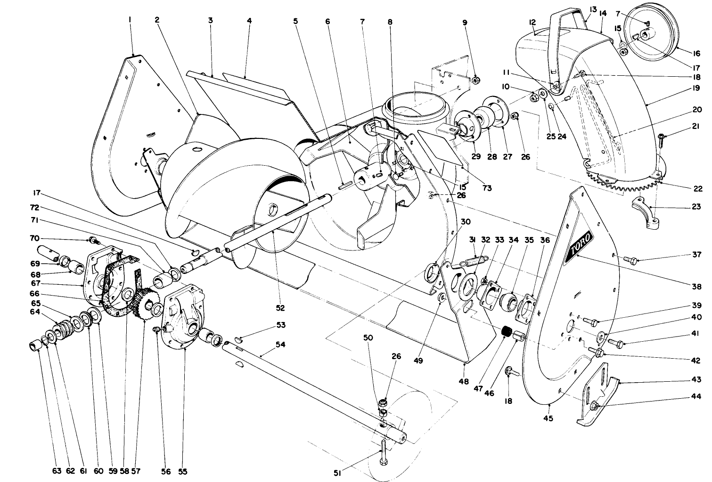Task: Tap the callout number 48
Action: (464, 382)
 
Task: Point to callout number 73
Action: (487, 188)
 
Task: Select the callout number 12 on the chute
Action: (533, 22)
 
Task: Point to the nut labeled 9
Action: (475, 80)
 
